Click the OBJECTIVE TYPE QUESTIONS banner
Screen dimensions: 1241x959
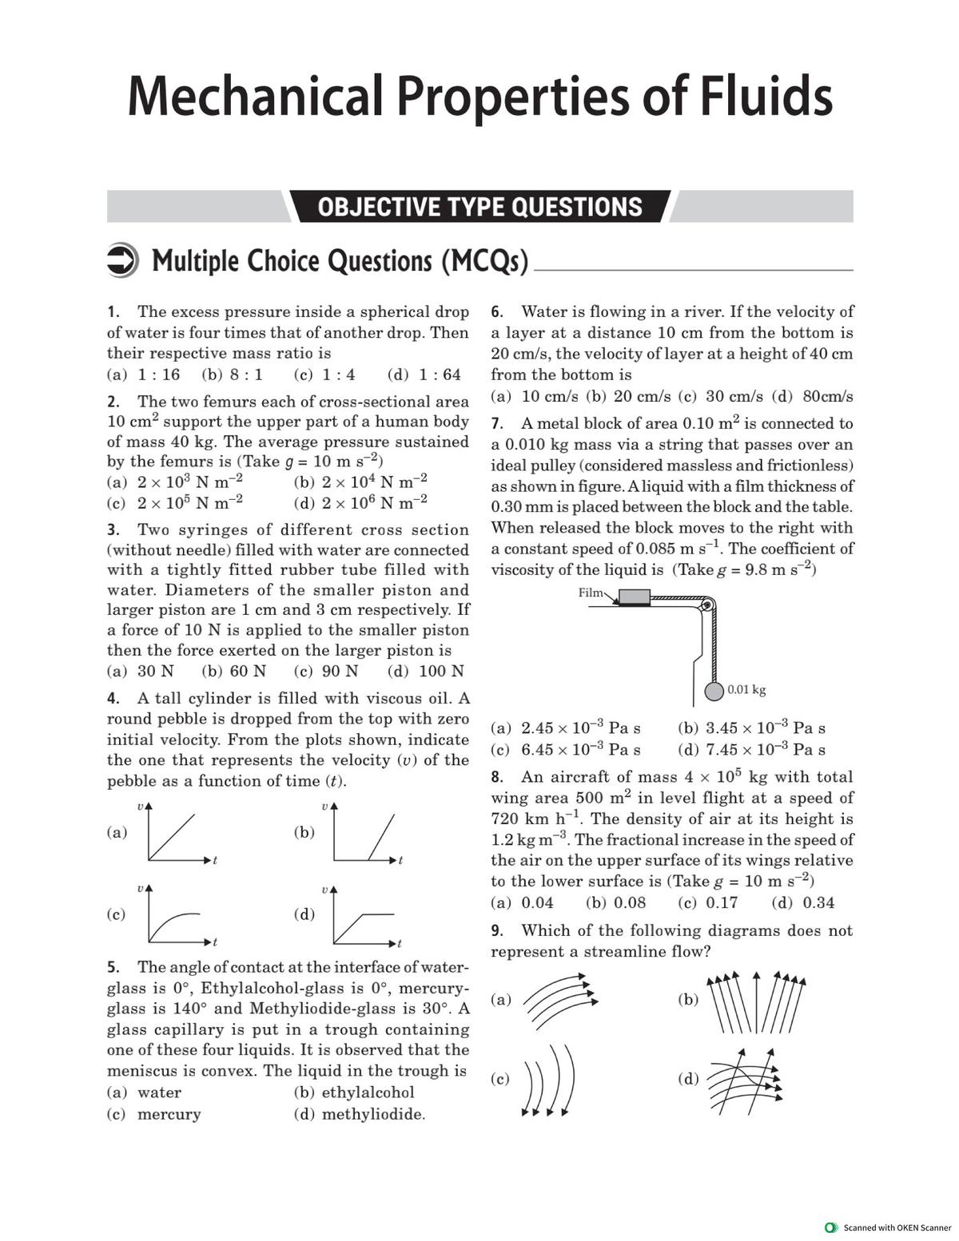tap(479, 207)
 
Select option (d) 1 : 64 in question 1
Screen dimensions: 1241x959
tap(424, 375)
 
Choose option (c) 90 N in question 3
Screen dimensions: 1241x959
tap(327, 672)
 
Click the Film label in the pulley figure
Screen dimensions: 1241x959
tap(591, 593)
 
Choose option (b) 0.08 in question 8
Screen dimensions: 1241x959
tap(616, 903)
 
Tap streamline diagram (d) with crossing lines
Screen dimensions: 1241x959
tap(745, 1080)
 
